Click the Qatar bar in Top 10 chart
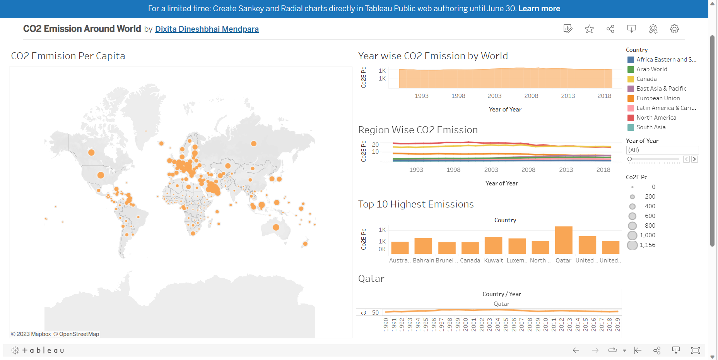(564, 240)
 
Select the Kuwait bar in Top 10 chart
(493, 245)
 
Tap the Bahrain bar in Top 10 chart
(423, 246)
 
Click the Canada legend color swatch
(631, 79)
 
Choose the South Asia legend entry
(651, 127)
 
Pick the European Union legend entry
(658, 98)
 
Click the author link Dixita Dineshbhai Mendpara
(207, 29)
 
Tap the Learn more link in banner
(539, 9)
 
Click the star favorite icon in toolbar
(589, 29)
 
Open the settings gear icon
(674, 29)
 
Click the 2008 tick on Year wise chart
(531, 96)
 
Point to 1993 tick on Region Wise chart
(416, 170)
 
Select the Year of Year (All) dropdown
(662, 150)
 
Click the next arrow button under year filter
(694, 159)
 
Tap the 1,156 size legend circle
(633, 245)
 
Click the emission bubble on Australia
(276, 227)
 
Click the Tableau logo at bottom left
(38, 350)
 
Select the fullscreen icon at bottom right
(695, 350)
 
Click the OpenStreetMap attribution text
(79, 334)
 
